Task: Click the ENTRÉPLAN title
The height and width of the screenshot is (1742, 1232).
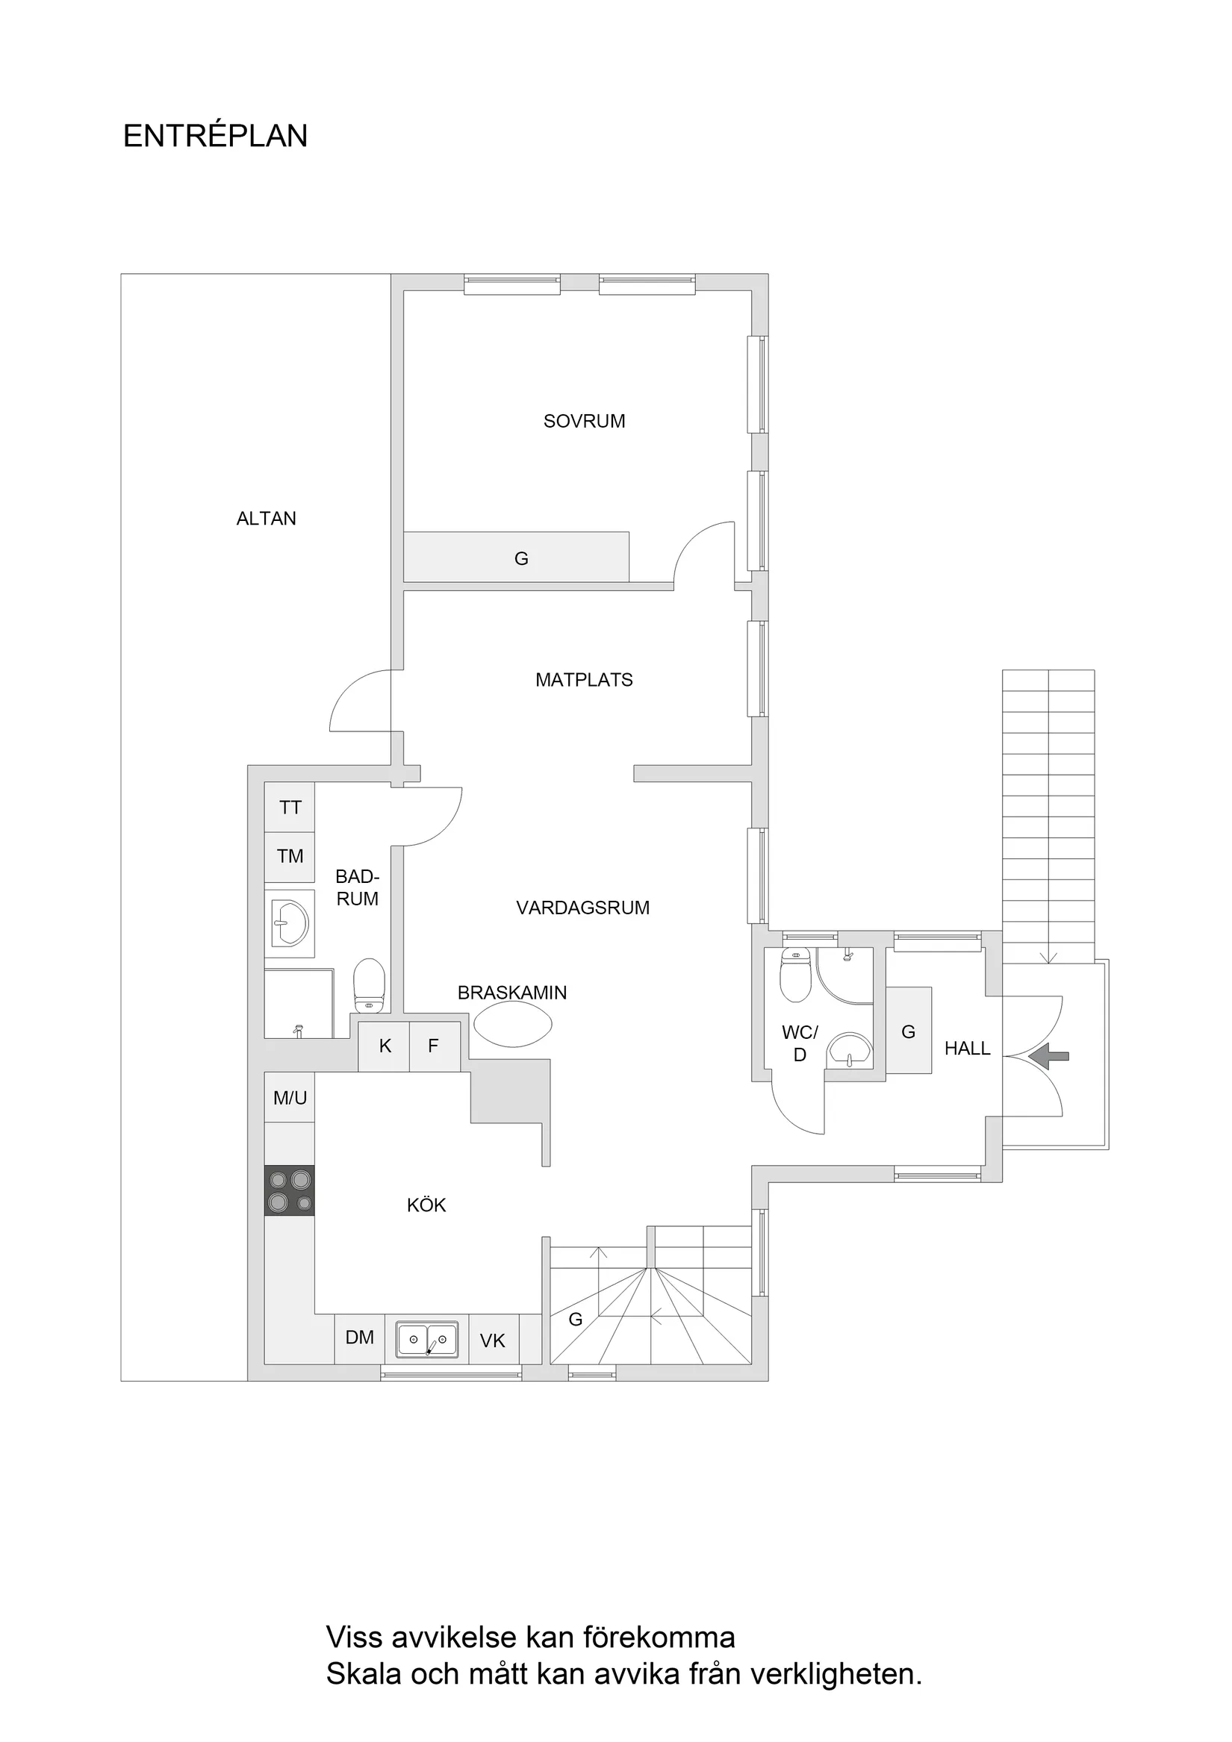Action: (x=215, y=137)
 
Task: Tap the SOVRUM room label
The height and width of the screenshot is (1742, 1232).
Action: (x=584, y=421)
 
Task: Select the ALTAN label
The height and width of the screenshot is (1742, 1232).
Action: (x=266, y=518)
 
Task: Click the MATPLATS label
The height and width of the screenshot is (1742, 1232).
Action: (x=584, y=680)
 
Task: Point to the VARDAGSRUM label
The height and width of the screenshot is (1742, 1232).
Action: (x=582, y=908)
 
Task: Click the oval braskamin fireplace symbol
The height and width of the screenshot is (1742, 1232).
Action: (x=512, y=1024)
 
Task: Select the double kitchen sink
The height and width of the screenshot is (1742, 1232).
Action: (x=426, y=1339)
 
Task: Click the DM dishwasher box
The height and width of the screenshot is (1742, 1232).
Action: (x=360, y=1337)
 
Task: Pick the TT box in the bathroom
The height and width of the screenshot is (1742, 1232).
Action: (x=289, y=808)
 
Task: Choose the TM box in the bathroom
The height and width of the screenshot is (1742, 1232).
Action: (x=289, y=856)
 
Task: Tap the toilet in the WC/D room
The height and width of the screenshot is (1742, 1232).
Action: (x=794, y=977)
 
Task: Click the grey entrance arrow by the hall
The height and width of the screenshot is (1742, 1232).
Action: (x=1051, y=1055)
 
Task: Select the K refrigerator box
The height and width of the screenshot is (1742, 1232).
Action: (x=384, y=1046)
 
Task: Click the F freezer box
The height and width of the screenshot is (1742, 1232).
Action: (x=435, y=1046)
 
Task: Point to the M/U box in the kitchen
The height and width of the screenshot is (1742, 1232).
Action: (x=289, y=1097)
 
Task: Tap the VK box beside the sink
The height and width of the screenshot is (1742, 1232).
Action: (x=493, y=1340)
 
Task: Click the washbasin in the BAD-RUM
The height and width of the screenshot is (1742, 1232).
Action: (x=290, y=923)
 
